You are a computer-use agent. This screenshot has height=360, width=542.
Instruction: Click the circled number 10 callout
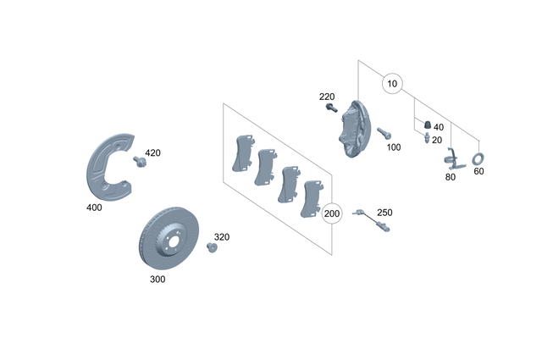[391, 84]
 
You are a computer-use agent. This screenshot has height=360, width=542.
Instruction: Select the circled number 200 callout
[333, 213]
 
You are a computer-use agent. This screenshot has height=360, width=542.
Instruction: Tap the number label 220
[328, 97]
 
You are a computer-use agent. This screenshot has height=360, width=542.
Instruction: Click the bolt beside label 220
[331, 109]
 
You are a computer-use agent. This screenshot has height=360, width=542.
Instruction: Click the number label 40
[438, 126]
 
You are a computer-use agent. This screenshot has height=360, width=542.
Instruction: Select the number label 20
[437, 140]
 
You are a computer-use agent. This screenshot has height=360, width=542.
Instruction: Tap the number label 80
[450, 178]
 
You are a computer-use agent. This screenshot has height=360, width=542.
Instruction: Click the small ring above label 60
[477, 158]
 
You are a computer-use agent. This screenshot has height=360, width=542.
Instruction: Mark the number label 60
[478, 172]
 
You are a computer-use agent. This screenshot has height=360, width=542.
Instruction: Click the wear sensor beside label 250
[365, 213]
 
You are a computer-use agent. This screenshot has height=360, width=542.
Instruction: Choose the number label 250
[384, 213]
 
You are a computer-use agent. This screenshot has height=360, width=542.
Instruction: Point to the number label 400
[95, 208]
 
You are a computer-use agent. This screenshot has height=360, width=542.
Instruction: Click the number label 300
[158, 278]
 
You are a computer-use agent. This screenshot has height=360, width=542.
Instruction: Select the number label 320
[221, 237]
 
